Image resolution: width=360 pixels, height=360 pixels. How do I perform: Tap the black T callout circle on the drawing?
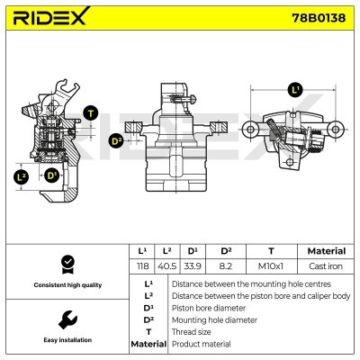(x=91, y=113)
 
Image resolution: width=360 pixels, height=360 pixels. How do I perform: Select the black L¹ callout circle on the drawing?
(x=295, y=90)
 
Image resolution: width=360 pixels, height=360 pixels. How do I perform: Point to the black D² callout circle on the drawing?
(x=116, y=141)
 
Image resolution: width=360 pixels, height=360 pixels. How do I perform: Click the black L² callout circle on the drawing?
(x=22, y=176)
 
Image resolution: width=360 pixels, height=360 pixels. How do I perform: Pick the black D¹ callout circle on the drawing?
(x=52, y=175)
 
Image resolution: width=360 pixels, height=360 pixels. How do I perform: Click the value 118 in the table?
(x=140, y=267)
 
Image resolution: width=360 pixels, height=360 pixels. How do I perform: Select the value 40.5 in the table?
(x=166, y=267)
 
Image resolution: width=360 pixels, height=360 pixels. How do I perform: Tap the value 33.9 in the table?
(x=192, y=267)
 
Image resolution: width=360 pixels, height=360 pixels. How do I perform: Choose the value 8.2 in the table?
(x=227, y=267)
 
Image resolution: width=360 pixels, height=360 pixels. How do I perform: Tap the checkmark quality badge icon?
(x=67, y=264)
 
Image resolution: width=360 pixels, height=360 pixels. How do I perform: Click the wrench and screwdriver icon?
(x=67, y=319)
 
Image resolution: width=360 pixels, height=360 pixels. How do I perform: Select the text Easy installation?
(x=66, y=340)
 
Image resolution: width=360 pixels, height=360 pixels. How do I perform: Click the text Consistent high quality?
(x=66, y=285)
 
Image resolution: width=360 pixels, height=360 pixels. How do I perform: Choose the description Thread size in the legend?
(x=191, y=332)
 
